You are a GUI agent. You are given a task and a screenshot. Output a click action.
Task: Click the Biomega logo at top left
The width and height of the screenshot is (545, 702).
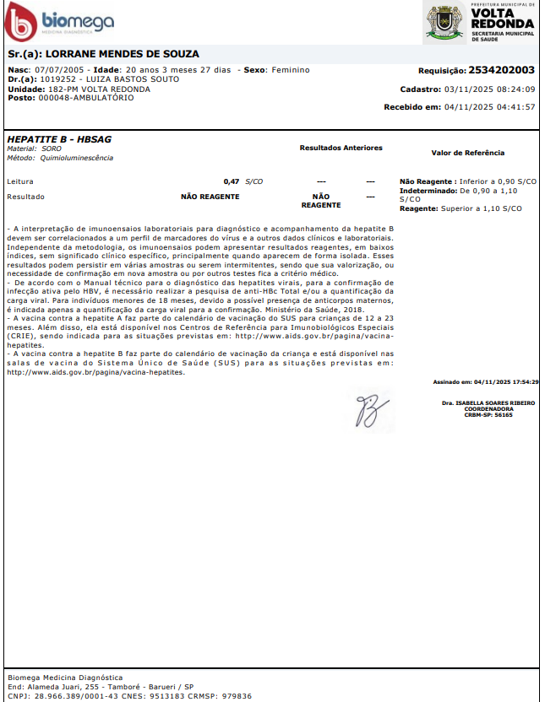click(x=59, y=21)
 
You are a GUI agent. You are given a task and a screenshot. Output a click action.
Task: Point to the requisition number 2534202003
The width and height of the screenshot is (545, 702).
click(x=501, y=71)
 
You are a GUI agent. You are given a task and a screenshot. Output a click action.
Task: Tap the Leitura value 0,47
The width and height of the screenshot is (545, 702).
click(x=231, y=181)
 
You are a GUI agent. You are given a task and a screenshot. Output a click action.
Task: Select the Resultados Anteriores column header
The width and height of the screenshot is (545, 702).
click(x=341, y=148)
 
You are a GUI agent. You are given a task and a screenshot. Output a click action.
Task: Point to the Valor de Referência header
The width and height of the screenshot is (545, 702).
click(x=467, y=153)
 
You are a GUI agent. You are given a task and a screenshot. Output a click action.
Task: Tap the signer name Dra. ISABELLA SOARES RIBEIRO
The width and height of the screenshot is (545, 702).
click(x=488, y=403)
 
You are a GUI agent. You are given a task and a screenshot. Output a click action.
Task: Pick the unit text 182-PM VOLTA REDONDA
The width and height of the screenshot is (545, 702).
click(x=99, y=89)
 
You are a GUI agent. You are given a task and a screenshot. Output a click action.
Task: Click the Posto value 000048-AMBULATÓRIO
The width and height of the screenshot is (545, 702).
click(x=86, y=97)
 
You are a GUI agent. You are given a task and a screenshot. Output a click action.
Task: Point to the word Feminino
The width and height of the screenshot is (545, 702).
click(x=290, y=70)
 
